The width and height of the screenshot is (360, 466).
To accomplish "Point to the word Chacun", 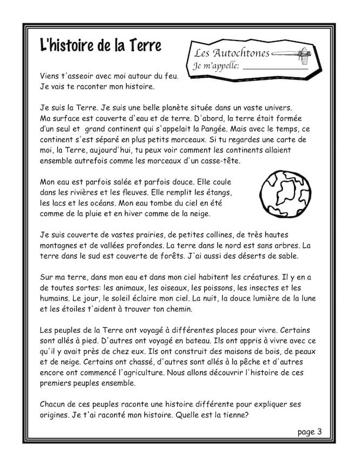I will point(55,404).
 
